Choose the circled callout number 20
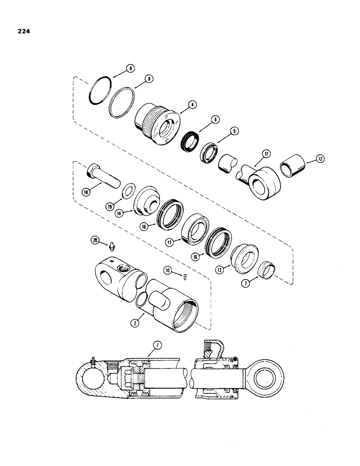95,240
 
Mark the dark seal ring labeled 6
191,140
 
